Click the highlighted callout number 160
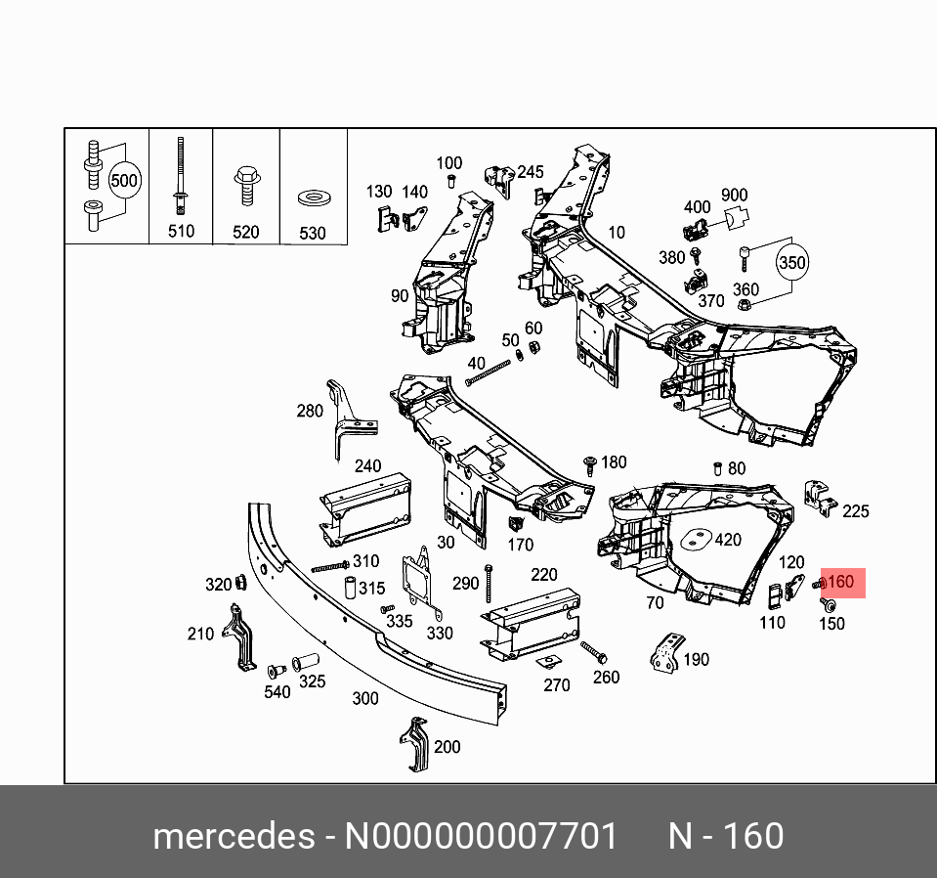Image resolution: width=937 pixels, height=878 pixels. tap(841, 583)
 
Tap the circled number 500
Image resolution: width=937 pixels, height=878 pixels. tap(124, 181)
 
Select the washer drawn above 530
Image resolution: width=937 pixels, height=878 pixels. tap(313, 198)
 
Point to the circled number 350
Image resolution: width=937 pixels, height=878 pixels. tap(791, 264)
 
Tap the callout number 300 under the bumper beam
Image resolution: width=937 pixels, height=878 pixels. tap(364, 698)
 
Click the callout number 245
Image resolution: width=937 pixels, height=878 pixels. tap(530, 172)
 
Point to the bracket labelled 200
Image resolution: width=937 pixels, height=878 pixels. tap(415, 745)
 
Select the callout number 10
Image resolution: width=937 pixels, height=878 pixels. tap(616, 232)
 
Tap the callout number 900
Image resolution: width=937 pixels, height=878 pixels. tap(734, 196)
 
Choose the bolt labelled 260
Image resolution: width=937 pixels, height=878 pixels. tap(593, 650)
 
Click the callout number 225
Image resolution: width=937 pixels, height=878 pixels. tap(855, 510)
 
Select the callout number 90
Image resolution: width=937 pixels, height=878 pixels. tap(400, 296)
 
